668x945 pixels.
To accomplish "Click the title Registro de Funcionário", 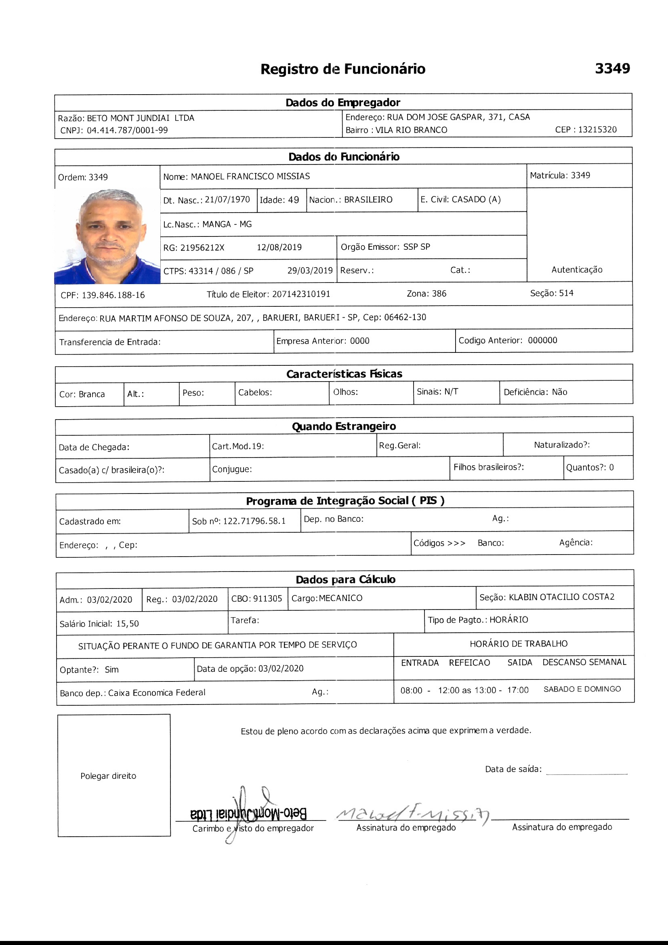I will point(342,69).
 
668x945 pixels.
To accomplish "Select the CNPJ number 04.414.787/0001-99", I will point(127,131).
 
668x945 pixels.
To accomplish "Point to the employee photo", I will point(107,236).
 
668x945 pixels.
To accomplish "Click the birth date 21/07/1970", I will point(227,200).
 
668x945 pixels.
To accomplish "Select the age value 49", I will point(293,200).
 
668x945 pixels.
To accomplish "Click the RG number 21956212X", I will point(202,247).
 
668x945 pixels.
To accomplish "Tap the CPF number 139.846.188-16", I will point(113,295).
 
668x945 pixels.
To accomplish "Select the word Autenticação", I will point(577,270).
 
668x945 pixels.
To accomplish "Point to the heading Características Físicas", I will point(344,374).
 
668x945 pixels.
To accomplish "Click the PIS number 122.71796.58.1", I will point(254,521).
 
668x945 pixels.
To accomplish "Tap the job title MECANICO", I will point(340,598).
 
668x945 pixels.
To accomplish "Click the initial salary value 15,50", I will point(128,624).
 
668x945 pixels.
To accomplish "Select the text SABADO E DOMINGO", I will point(582,689).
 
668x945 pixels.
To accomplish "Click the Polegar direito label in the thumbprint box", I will point(108,776).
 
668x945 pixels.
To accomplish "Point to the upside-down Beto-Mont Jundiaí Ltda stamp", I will point(248,813).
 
